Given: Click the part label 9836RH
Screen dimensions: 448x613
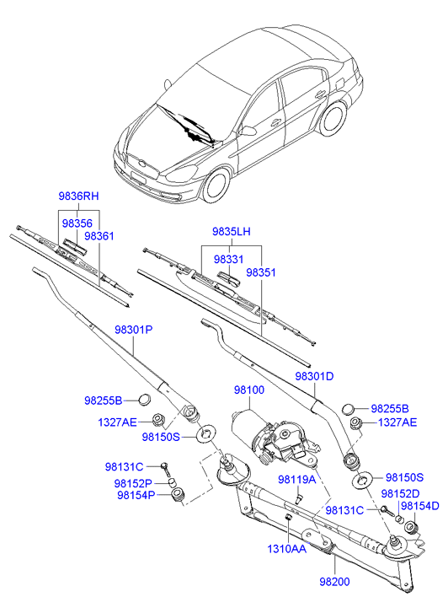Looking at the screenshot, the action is coord(78,196).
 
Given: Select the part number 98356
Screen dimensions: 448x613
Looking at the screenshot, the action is coord(77,223).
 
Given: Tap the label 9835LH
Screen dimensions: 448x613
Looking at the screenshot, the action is coord(232,231).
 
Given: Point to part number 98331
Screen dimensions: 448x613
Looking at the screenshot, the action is coord(228,259).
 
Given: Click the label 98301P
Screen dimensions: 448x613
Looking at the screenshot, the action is coord(134,330).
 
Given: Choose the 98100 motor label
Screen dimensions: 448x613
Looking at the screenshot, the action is coord(249,390).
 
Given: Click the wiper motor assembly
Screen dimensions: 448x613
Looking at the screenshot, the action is coord(274,437).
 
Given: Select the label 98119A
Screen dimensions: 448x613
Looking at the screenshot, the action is coord(297,479).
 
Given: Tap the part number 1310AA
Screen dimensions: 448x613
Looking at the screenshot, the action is coord(286,549).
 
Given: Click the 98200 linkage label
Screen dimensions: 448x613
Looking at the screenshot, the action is coord(334,582).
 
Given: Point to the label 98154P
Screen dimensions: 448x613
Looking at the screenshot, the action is coord(136,495).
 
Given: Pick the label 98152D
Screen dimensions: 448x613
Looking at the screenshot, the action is coord(400,494).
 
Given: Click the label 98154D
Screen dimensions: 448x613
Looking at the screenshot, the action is coord(420,506).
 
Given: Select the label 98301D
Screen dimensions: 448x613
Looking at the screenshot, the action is coord(314,376).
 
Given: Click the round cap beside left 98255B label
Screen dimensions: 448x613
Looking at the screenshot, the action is coord(145,400).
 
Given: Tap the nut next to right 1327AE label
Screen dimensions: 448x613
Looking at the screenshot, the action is coord(355,423).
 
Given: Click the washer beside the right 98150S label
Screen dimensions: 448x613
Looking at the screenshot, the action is coord(362,479).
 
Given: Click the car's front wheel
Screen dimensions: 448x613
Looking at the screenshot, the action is coord(216,185).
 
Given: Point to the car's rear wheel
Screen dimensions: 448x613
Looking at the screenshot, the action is coord(333,118).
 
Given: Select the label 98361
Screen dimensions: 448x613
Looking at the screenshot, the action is coord(99,236).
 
